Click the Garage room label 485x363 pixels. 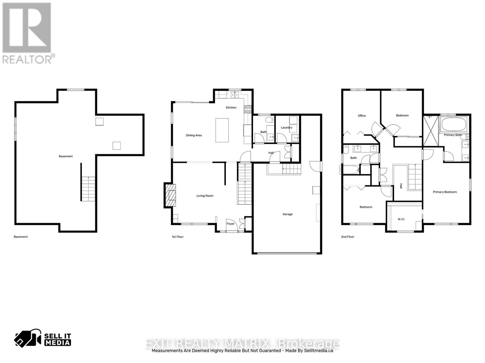click(287, 214)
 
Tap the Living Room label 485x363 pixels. click(205, 196)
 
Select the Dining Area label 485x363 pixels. click(194, 135)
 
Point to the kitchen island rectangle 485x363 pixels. click(222, 130)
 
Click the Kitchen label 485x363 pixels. click(231, 108)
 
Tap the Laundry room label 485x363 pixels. click(286, 128)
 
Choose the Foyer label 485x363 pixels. click(230, 224)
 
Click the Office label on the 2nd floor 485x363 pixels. click(362, 116)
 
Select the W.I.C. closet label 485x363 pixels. click(401, 219)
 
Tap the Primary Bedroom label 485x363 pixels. click(445, 192)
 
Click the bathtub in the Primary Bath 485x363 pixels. click(454, 124)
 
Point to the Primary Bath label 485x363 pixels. click(453, 135)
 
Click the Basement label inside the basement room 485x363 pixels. click(66, 156)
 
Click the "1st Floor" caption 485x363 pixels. click(178, 237)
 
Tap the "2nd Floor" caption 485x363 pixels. click(348, 237)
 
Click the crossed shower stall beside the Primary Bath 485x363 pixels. click(431, 131)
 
